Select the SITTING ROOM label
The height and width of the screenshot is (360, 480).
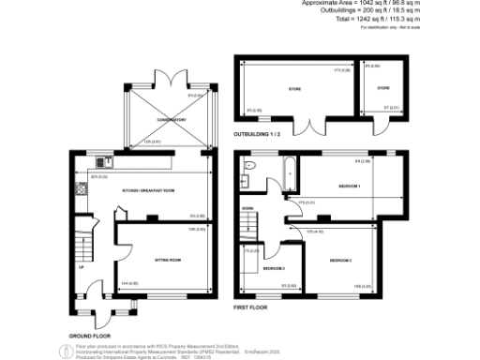pyautogui.click(x=166, y=258)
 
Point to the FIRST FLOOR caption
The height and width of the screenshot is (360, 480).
pyautogui.click(x=250, y=307)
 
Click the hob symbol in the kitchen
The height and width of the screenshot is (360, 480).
pyautogui.click(x=81, y=188)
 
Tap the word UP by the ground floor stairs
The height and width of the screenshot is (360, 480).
pyautogui.click(x=82, y=266)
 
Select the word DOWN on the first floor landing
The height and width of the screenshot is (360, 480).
pyautogui.click(x=247, y=208)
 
